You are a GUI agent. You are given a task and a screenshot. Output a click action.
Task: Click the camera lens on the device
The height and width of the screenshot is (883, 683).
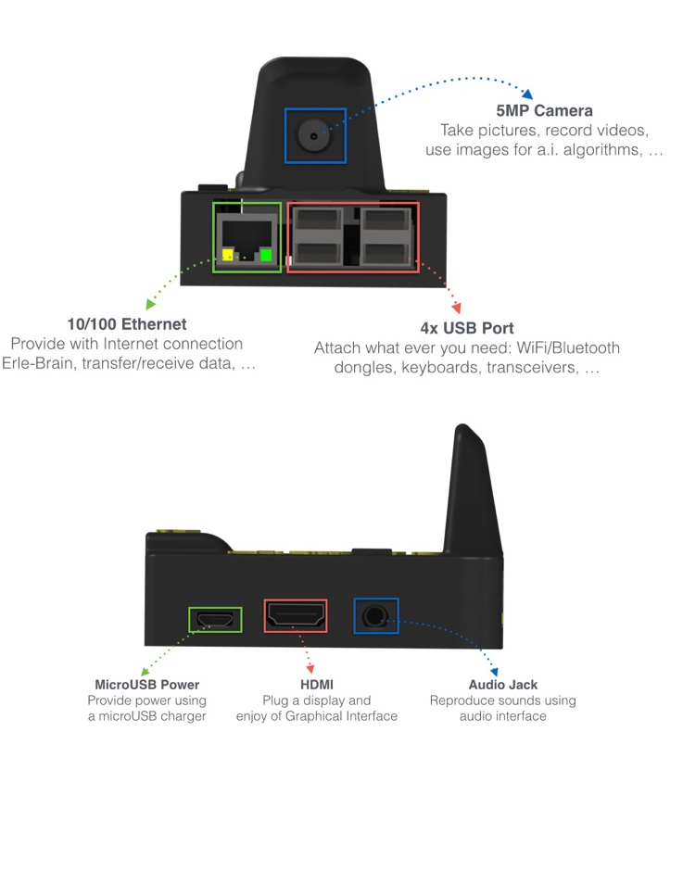[x=313, y=135]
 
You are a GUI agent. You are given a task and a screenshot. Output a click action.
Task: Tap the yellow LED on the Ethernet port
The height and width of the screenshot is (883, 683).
[x=227, y=255]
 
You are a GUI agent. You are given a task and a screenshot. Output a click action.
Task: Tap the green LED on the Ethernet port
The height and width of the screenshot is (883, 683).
[x=265, y=255]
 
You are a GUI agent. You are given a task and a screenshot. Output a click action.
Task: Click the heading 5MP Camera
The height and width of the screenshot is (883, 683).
[x=544, y=111]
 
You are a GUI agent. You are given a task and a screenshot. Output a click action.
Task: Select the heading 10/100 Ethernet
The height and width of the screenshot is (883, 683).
[x=127, y=324]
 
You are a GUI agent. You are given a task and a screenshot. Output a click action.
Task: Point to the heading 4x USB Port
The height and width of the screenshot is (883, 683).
[x=467, y=328]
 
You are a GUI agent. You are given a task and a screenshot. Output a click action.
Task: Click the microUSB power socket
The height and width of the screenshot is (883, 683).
[x=215, y=620]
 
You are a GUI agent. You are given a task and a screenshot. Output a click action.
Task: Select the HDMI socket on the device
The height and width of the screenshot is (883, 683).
[x=296, y=615]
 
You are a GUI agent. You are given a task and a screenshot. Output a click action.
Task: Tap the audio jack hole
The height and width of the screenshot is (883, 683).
[x=374, y=615]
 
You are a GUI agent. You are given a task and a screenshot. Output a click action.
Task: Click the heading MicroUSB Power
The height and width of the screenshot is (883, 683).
[x=147, y=685]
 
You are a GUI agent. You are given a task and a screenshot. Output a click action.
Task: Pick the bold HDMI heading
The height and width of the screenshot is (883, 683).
[x=316, y=685]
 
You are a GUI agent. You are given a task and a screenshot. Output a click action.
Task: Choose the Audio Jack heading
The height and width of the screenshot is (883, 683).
[x=503, y=685]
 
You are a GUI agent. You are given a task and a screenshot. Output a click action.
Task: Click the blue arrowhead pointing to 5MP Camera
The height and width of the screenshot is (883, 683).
[x=527, y=94]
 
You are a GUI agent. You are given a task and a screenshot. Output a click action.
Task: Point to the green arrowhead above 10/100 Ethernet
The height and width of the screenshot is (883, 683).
[x=150, y=304]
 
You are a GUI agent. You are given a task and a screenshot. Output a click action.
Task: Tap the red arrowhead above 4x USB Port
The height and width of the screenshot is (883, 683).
[x=457, y=308]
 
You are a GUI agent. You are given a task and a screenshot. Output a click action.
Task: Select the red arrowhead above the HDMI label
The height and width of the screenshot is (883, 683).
[x=310, y=668]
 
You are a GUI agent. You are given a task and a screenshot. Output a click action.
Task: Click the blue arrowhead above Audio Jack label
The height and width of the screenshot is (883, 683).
[x=494, y=672]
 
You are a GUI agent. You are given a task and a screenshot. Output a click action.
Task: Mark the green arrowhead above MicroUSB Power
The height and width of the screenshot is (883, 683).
[x=145, y=672]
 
